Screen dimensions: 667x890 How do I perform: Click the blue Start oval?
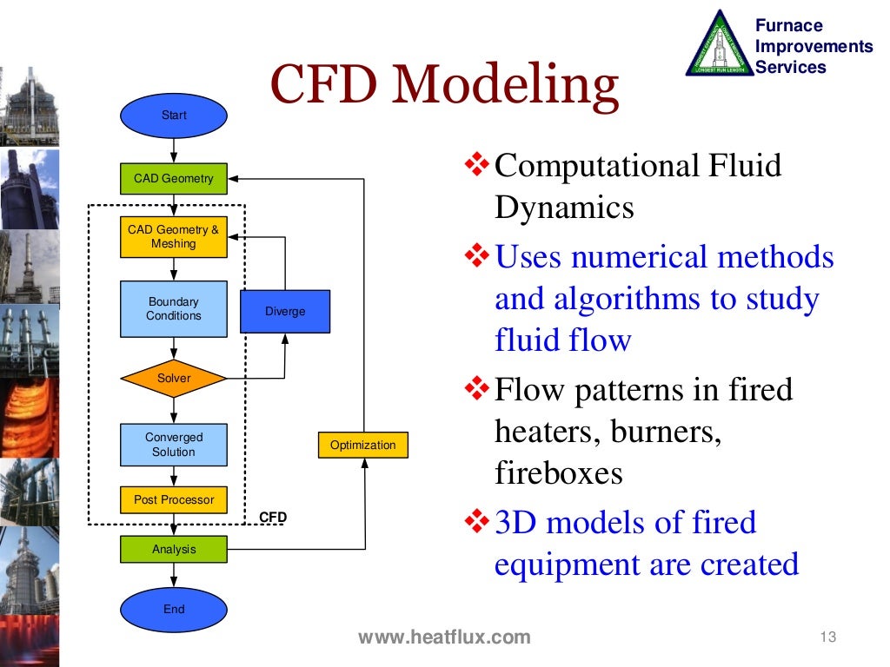(x=174, y=115)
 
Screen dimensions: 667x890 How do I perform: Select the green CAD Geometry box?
(x=174, y=178)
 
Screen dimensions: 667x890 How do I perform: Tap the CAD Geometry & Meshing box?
(x=174, y=237)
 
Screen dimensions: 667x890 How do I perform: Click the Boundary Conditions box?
(x=174, y=309)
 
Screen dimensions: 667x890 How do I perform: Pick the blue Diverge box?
(x=285, y=312)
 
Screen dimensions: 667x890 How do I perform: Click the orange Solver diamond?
(x=174, y=379)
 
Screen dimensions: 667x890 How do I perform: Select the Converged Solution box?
(x=174, y=445)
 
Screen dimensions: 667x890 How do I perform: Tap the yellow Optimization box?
(x=362, y=446)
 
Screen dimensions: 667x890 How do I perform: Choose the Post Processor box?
(x=174, y=500)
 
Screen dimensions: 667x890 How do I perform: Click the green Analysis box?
(x=174, y=549)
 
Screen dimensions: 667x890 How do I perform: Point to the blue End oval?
(x=174, y=609)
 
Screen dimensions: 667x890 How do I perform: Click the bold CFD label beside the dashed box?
(x=273, y=518)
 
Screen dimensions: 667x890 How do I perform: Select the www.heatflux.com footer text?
(x=444, y=637)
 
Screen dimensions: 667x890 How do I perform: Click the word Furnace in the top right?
(x=788, y=25)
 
